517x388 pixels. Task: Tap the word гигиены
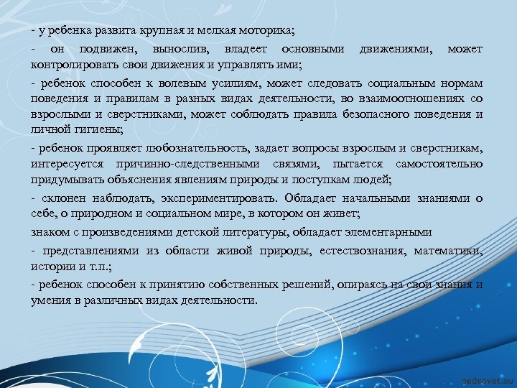pyautogui.click(x=99, y=130)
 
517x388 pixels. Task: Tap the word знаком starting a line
pyautogui.click(x=49, y=231)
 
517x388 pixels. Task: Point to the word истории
pyautogui.click(x=51, y=266)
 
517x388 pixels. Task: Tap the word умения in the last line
pyautogui.click(x=51, y=300)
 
